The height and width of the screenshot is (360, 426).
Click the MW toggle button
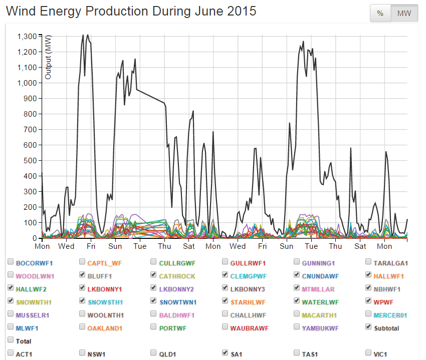click(x=404, y=14)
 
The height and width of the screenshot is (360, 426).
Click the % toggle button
click(x=380, y=14)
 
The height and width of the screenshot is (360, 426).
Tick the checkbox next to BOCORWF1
click(x=11, y=262)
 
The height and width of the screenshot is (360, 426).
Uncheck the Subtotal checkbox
click(x=369, y=327)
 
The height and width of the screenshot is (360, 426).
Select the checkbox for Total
click(x=11, y=340)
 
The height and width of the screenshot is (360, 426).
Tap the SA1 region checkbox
click(x=226, y=353)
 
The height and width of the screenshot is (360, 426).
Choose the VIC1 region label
click(x=380, y=353)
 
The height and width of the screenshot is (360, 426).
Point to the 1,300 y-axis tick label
click(x=27, y=37)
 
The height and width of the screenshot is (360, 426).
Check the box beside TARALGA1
click(x=369, y=262)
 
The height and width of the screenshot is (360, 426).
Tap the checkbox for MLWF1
click(x=11, y=327)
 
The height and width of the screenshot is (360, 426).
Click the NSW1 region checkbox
click(x=82, y=353)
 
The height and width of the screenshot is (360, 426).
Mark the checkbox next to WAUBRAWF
click(x=226, y=327)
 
